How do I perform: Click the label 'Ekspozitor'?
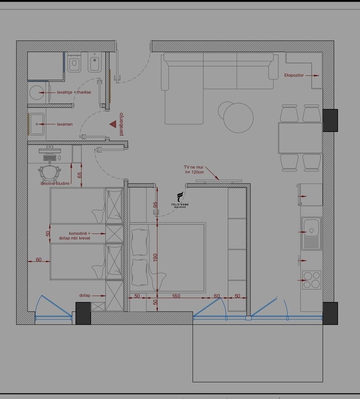click(294, 75)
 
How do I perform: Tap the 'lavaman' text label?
click(65, 124)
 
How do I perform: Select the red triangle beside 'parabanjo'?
click(113, 124)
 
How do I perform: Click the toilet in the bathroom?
click(74, 62)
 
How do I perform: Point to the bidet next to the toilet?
click(94, 62)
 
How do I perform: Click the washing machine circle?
click(37, 92)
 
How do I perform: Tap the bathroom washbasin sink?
click(37, 124)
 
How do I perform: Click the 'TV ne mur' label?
click(194, 167)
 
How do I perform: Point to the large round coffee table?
click(238, 118)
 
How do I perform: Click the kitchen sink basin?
click(311, 233)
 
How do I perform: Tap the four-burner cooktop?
click(312, 280)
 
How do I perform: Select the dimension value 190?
click(155, 257)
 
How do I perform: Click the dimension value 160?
click(176, 296)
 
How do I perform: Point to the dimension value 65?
click(80, 175)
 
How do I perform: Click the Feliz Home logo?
click(180, 200)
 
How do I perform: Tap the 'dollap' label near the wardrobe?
click(85, 295)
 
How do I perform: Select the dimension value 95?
click(155, 205)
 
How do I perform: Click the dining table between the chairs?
click(300, 138)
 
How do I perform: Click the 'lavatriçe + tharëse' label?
click(74, 92)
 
